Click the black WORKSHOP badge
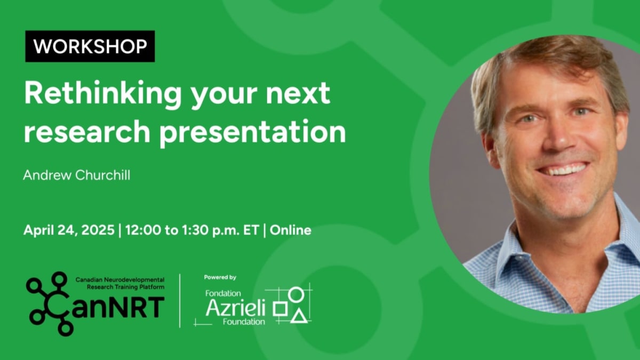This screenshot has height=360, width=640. point(90,46)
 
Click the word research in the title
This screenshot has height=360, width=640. point(87,131)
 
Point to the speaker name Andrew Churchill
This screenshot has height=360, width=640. point(77,175)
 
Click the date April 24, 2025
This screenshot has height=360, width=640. point(69,230)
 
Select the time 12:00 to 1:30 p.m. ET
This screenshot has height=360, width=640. point(192,230)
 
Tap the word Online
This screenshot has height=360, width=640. point(290,230)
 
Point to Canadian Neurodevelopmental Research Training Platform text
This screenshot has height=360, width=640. point(120,283)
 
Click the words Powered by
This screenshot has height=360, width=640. point(220,277)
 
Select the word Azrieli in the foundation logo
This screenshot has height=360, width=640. point(235,308)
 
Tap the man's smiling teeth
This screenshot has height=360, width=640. point(564,169)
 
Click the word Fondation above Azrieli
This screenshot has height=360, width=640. point(223,293)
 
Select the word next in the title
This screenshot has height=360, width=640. point(298,93)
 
